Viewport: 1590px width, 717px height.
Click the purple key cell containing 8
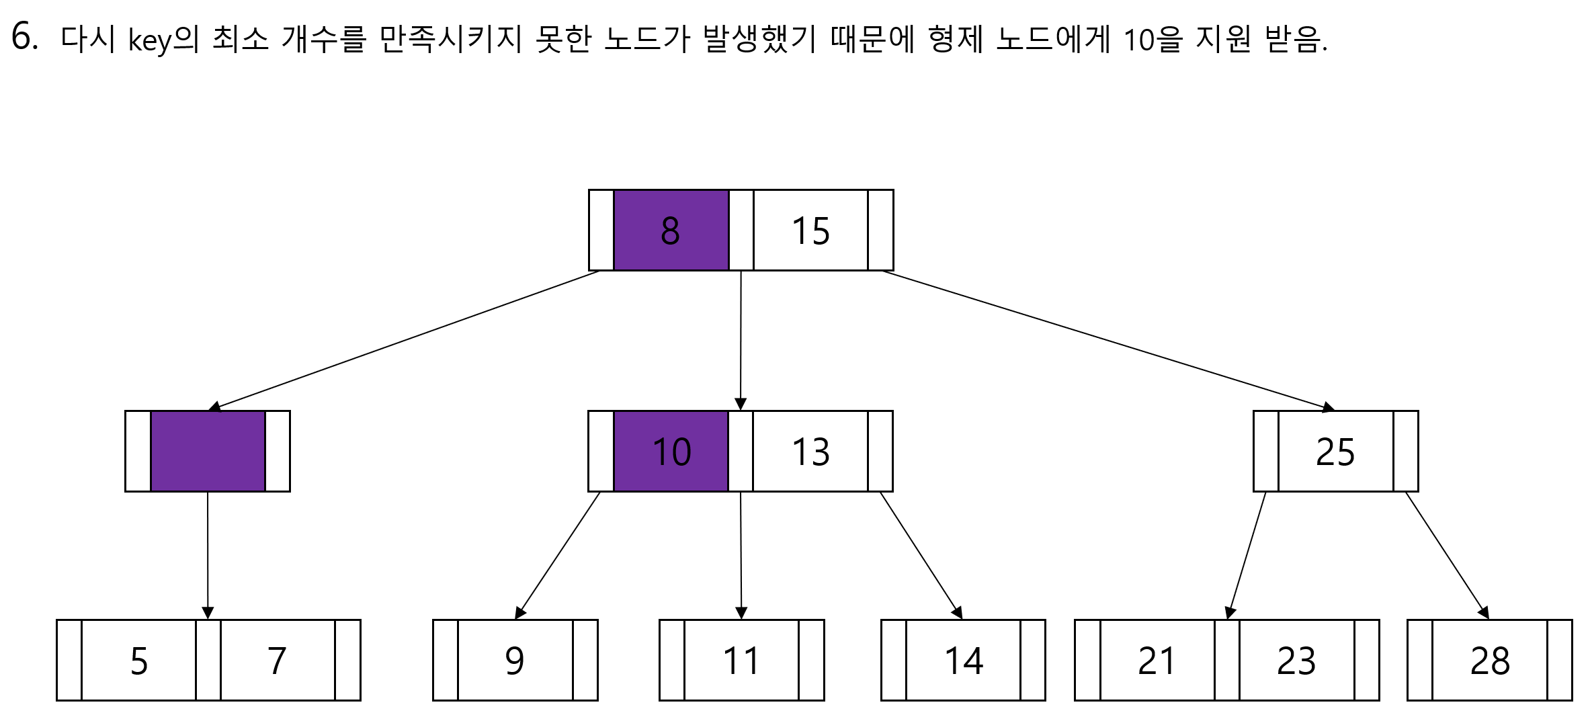[x=671, y=230]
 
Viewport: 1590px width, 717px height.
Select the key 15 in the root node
[x=810, y=230]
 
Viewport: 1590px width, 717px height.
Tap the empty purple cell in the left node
[x=208, y=451]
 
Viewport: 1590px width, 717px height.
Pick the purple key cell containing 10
[x=671, y=451]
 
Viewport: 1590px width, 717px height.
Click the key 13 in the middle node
[x=810, y=451]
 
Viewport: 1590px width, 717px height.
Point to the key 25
[x=1335, y=451]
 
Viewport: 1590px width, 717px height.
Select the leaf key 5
[x=138, y=661]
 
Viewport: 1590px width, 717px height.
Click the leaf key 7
[x=277, y=661]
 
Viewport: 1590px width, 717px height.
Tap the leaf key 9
[x=515, y=661]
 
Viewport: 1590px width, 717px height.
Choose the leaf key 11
[x=741, y=661]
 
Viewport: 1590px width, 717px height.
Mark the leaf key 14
[x=963, y=661]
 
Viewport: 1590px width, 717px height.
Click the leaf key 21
[x=1157, y=661]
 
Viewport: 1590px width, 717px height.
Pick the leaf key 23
[x=1296, y=661]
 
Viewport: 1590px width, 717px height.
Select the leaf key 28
[x=1490, y=661]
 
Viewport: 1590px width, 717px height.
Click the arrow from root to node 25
[x=1107, y=340]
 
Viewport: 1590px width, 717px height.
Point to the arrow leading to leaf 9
[x=557, y=556]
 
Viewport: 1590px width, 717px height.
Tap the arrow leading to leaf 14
[x=921, y=556]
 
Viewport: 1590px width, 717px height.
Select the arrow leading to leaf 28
[x=1447, y=556]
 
